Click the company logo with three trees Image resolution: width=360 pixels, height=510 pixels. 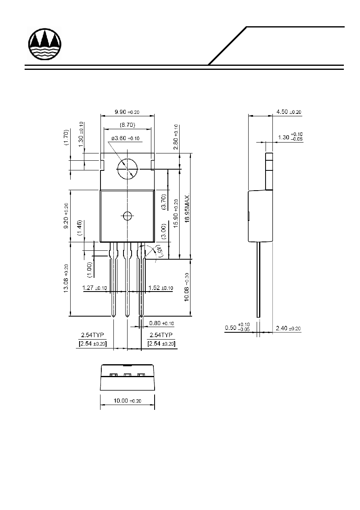tap(45, 44)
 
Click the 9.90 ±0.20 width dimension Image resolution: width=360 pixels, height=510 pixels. tap(127, 112)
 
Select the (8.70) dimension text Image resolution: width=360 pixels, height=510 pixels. tap(128, 125)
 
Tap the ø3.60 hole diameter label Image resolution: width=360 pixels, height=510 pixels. tap(126, 138)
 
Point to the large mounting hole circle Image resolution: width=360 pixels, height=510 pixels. tap(128, 159)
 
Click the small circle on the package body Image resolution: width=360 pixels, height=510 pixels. tap(128, 216)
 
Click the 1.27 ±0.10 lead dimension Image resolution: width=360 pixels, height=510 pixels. tap(94, 288)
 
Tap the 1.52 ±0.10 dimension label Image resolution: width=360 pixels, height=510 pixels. tap(161, 288)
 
